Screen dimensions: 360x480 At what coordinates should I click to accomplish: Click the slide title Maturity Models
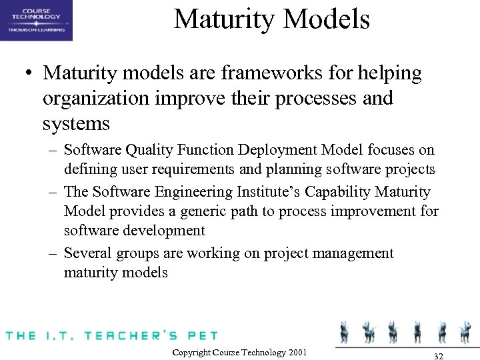pos(271,19)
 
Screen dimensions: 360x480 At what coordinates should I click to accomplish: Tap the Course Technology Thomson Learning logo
pos(37,21)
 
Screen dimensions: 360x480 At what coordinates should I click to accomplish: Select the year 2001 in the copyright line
pos(297,352)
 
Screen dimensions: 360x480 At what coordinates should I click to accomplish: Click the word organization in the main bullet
pos(93,99)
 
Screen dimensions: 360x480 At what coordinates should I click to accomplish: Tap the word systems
pos(76,124)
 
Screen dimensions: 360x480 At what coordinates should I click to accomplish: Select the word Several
pos(87,253)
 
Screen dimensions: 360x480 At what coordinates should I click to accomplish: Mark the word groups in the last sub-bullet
pos(135,254)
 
